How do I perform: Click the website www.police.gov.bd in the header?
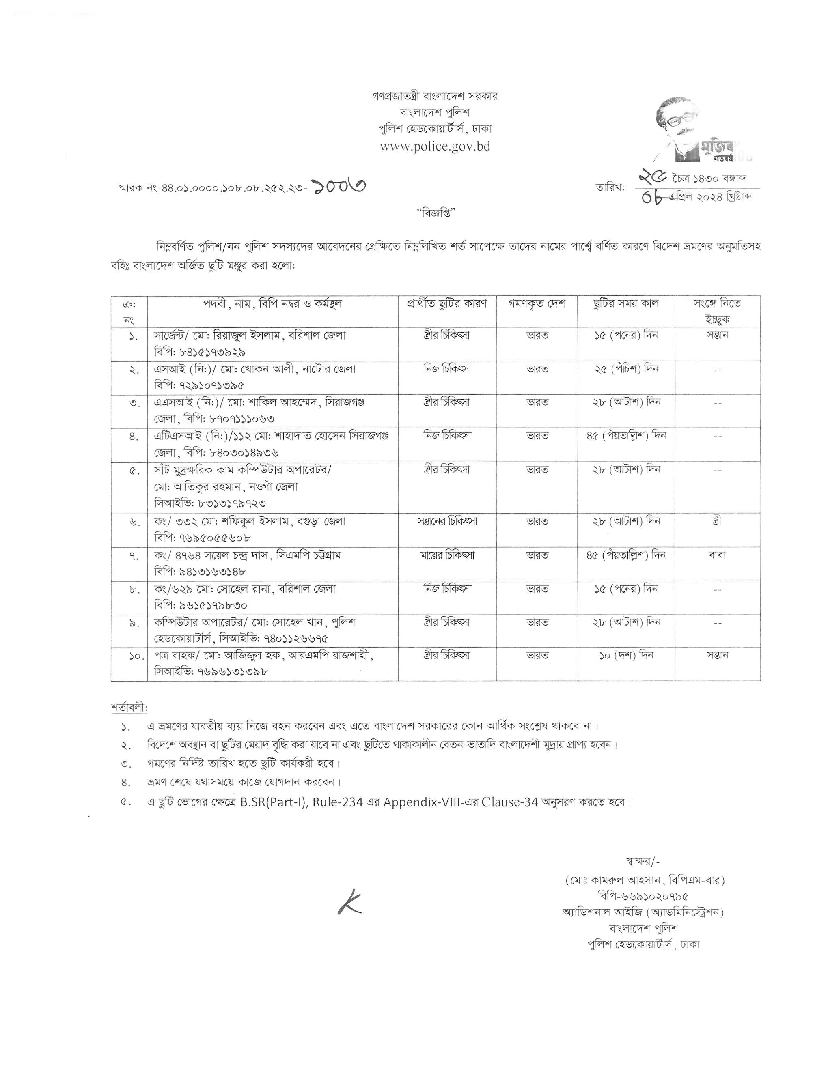click(435, 146)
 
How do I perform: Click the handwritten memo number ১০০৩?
click(339, 186)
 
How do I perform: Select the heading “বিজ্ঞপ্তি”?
click(436, 213)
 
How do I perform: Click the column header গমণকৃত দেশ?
click(537, 303)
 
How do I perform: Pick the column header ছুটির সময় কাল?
click(625, 303)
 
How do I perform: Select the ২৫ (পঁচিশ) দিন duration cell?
click(626, 369)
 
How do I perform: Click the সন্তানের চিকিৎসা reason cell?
click(446, 521)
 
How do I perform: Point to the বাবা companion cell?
click(717, 555)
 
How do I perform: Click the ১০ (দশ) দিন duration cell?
click(626, 655)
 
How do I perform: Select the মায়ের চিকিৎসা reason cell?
click(446, 555)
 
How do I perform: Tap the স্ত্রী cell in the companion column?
click(717, 521)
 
